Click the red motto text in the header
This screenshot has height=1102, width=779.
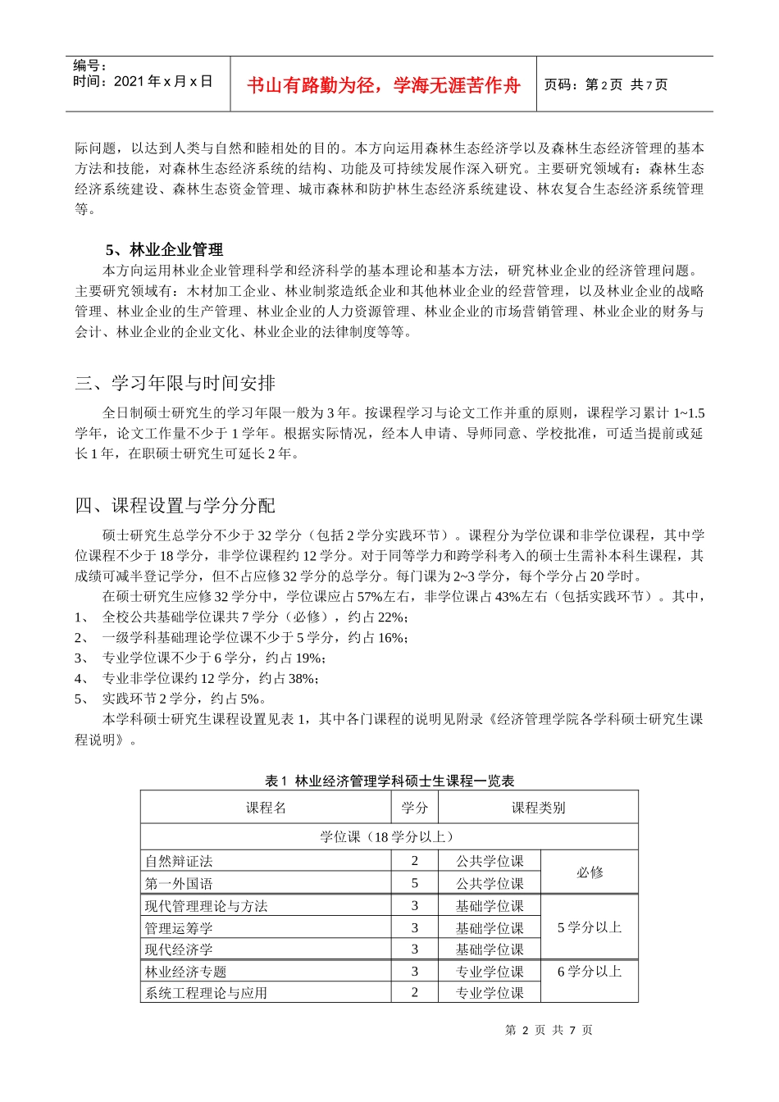(x=383, y=85)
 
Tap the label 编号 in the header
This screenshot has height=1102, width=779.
(x=89, y=66)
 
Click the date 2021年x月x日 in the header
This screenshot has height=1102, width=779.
(x=143, y=81)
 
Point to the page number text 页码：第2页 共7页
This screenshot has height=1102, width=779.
(x=605, y=84)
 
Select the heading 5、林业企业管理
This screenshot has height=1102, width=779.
(x=164, y=250)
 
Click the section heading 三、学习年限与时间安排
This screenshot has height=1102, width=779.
(x=175, y=383)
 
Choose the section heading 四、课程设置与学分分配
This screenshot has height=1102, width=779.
(x=175, y=505)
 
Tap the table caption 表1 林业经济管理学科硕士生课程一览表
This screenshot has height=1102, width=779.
(x=389, y=781)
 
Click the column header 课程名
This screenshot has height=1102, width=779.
(x=266, y=808)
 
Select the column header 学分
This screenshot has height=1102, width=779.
(x=414, y=808)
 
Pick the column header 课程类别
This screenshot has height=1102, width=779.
(x=538, y=808)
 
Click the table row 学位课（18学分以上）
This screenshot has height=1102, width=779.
(x=389, y=836)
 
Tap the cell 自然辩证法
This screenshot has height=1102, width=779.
(x=179, y=861)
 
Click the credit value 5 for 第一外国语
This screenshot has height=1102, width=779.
(x=414, y=883)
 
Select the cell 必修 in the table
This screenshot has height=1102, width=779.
(x=589, y=872)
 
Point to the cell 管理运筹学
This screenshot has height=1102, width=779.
(x=179, y=928)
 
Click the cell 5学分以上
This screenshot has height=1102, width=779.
(x=589, y=927)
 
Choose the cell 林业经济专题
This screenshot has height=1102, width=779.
(x=185, y=972)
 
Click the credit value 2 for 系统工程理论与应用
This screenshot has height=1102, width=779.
(x=414, y=992)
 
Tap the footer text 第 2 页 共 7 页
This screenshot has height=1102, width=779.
(x=549, y=1030)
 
